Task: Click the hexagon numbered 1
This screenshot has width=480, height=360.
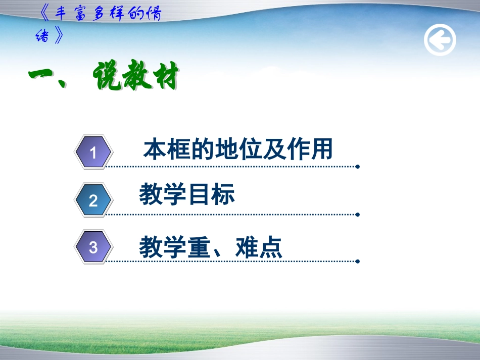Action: point(93,152)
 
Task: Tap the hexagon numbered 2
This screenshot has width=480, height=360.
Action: point(93,200)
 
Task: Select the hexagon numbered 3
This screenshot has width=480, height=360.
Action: point(93,247)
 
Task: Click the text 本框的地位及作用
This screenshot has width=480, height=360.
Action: point(238,150)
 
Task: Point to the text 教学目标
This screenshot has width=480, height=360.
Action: point(187,195)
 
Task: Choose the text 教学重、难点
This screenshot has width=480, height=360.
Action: point(211,248)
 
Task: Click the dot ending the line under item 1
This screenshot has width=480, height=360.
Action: point(358,167)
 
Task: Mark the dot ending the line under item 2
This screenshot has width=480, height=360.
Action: point(358,214)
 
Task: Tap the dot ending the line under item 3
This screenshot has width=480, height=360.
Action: point(358,262)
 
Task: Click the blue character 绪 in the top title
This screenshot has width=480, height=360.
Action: point(43,36)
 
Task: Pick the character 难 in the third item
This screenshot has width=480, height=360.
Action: point(246,248)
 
